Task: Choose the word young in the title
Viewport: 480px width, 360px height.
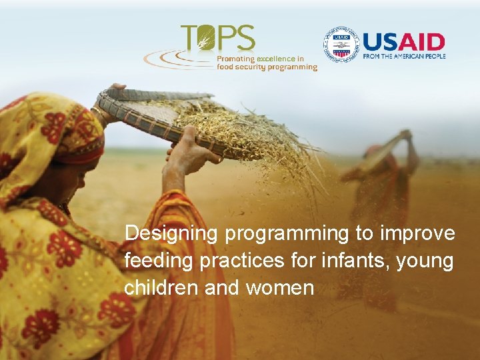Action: pos(425,261)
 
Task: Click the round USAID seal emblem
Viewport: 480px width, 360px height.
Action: pos(341,45)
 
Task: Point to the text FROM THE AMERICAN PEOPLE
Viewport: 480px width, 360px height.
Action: pos(403,56)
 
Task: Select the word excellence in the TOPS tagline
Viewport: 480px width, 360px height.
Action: pos(277,59)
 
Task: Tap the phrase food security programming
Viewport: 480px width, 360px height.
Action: pos(267,67)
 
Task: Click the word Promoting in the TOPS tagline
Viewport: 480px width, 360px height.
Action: pos(235,59)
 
